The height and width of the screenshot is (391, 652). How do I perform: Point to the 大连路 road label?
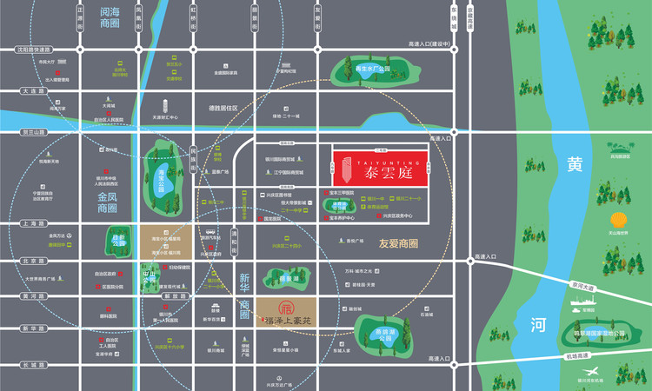click(32, 90)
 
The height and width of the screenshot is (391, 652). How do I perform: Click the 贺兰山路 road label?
click(33, 132)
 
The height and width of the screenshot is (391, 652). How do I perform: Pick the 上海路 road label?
click(32, 223)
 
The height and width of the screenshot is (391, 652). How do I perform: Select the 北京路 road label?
click(32, 260)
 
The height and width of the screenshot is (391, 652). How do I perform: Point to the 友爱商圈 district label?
click(399, 244)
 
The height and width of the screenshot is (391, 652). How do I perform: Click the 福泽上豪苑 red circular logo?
click(285, 308)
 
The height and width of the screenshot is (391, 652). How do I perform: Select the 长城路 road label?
click(32, 364)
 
